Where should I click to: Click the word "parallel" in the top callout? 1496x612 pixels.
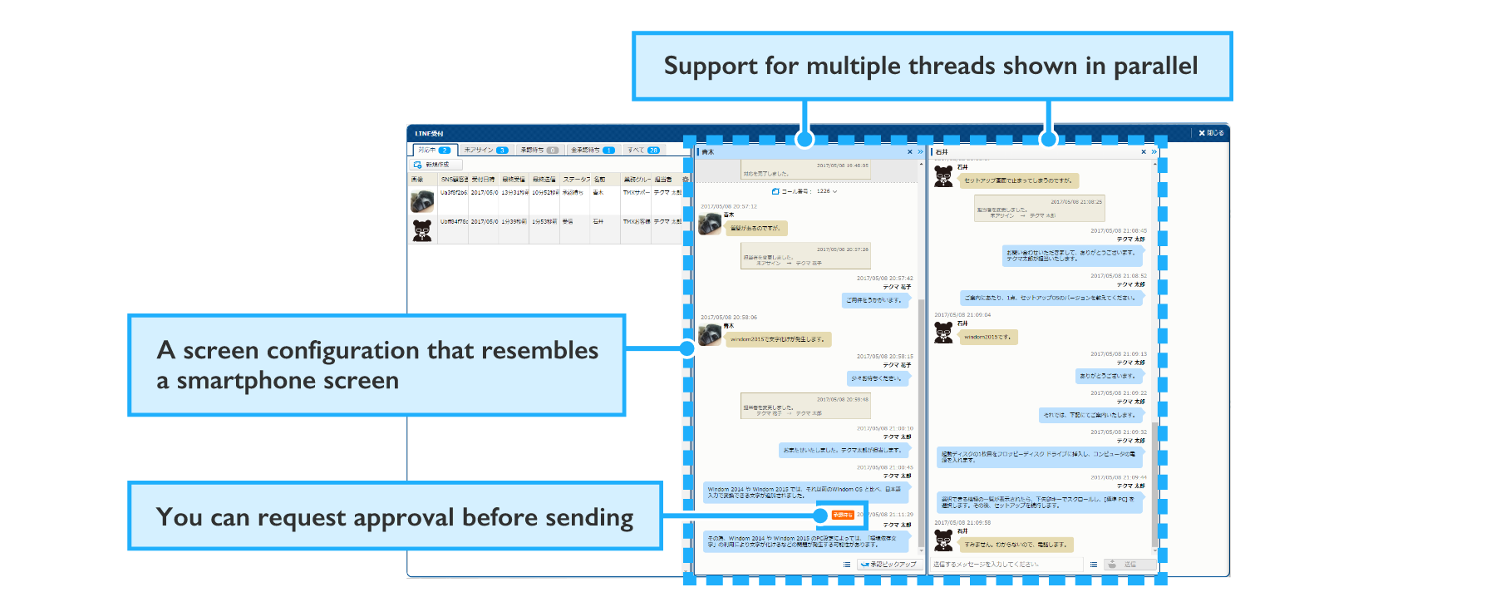coord(1155,66)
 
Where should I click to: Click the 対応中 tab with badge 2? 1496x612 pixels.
coord(434,151)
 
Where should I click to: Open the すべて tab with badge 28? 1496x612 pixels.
coord(643,151)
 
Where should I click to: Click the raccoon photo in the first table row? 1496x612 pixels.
coord(422,200)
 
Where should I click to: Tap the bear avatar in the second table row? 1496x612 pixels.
coord(422,230)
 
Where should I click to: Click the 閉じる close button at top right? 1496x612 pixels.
coord(1211,133)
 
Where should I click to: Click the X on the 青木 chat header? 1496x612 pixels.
coord(909,152)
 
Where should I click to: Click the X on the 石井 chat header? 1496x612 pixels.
coord(1144,152)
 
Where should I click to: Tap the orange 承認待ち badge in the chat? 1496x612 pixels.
coord(842,515)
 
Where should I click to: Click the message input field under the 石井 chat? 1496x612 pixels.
coord(1006,565)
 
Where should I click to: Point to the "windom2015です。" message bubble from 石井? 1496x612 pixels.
coord(987,337)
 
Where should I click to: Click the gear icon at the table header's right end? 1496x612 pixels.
coord(686,180)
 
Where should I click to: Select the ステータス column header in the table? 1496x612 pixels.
coord(576,180)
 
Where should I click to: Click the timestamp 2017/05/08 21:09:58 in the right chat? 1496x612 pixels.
coord(962,523)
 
